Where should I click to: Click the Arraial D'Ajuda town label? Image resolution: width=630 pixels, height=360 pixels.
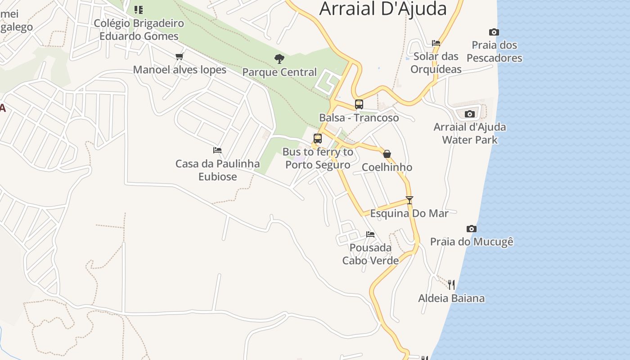[x=383, y=9]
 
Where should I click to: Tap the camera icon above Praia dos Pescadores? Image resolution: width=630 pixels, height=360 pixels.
[x=494, y=32]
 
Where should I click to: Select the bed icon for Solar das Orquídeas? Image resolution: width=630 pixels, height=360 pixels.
[x=436, y=43]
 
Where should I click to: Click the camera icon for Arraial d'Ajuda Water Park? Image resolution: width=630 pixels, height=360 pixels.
[x=469, y=114]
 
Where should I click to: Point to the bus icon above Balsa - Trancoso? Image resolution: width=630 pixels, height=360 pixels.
[x=359, y=104]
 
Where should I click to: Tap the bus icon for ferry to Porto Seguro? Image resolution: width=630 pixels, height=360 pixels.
[x=318, y=139]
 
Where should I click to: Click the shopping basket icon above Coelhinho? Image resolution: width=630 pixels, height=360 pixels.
[x=387, y=154]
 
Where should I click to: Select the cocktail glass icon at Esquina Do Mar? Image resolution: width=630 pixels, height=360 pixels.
[x=409, y=200]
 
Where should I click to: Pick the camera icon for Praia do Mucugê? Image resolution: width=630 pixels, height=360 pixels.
[x=471, y=229]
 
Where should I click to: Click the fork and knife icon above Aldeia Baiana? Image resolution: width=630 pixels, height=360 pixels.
[x=451, y=284]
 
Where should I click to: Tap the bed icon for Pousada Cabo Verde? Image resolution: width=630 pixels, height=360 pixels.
[x=370, y=234]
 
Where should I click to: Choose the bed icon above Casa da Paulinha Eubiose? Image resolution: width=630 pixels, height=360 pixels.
[x=217, y=150]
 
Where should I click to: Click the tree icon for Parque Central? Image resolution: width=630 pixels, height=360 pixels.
[x=279, y=58]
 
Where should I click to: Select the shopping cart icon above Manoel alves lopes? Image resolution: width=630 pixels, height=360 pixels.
[x=180, y=56]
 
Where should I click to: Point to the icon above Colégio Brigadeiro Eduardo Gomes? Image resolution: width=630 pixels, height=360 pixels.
[x=139, y=9]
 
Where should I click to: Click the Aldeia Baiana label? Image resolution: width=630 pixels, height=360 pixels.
[x=451, y=298]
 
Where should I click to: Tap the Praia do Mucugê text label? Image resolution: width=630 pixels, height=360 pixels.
[x=472, y=242]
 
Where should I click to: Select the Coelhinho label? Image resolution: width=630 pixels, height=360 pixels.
[x=387, y=167]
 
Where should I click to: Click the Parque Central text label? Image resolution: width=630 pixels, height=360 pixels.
[x=279, y=72]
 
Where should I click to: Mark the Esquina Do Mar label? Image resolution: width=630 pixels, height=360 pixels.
[x=409, y=213]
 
